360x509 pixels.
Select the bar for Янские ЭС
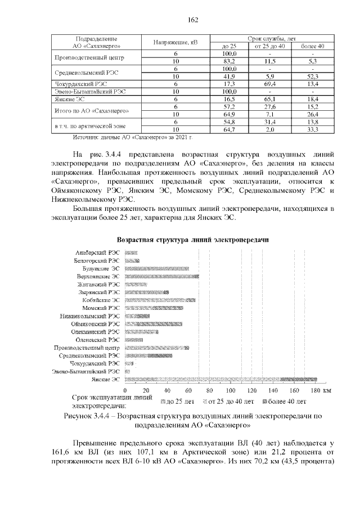(x=220, y=380)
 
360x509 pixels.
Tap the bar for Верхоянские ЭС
(x=162, y=277)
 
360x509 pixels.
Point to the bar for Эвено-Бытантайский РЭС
(x=128, y=372)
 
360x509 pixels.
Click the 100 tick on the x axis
(x=231, y=390)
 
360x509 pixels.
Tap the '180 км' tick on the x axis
(x=322, y=390)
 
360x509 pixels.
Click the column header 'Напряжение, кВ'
(x=175, y=42)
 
